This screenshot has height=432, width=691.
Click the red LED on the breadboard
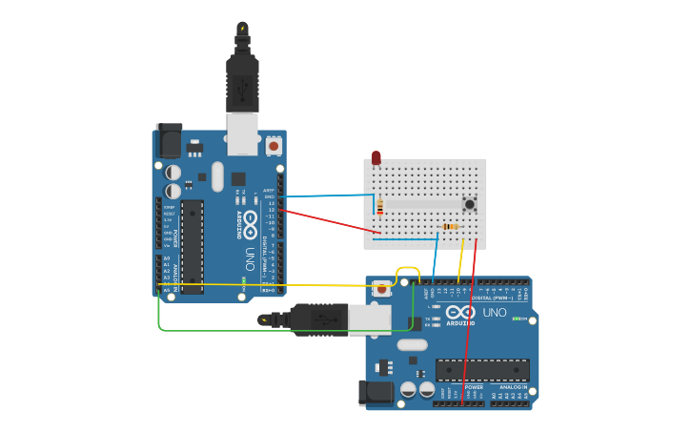click(x=376, y=156)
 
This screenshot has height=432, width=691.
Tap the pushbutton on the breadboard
click(x=469, y=204)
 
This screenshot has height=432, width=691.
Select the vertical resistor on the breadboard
click(x=380, y=208)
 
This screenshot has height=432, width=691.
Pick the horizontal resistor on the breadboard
click(x=450, y=226)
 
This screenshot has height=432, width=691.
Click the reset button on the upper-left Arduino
click(x=274, y=146)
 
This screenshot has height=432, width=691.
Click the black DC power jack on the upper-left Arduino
click(x=168, y=140)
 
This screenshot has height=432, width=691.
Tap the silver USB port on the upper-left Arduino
click(x=242, y=133)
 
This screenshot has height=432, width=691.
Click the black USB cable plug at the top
click(x=242, y=76)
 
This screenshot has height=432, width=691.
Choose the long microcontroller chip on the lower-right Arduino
click(x=482, y=370)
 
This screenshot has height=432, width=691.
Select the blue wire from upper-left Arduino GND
click(x=329, y=195)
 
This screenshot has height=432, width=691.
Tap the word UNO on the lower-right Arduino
click(x=495, y=312)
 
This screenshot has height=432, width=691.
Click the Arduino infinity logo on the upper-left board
click(x=250, y=225)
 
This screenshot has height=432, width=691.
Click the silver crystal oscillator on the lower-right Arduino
click(x=412, y=344)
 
